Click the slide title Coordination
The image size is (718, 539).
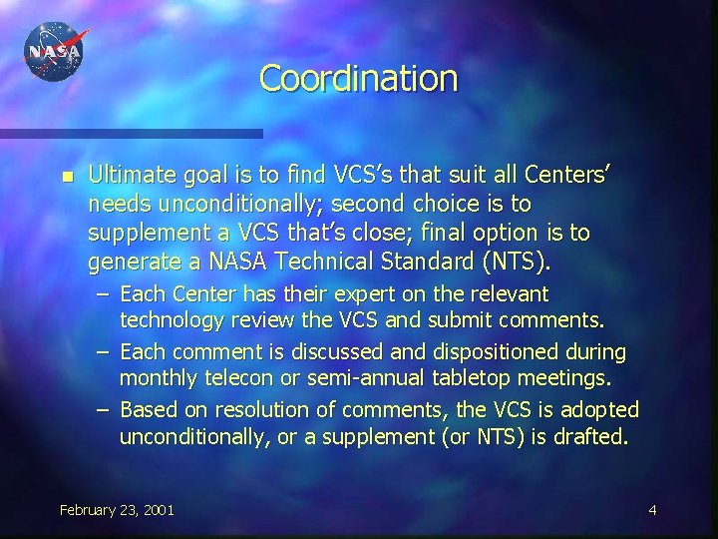click(358, 78)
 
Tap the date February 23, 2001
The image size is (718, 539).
click(117, 510)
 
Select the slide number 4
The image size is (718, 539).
click(652, 510)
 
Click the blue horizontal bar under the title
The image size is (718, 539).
click(131, 133)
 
